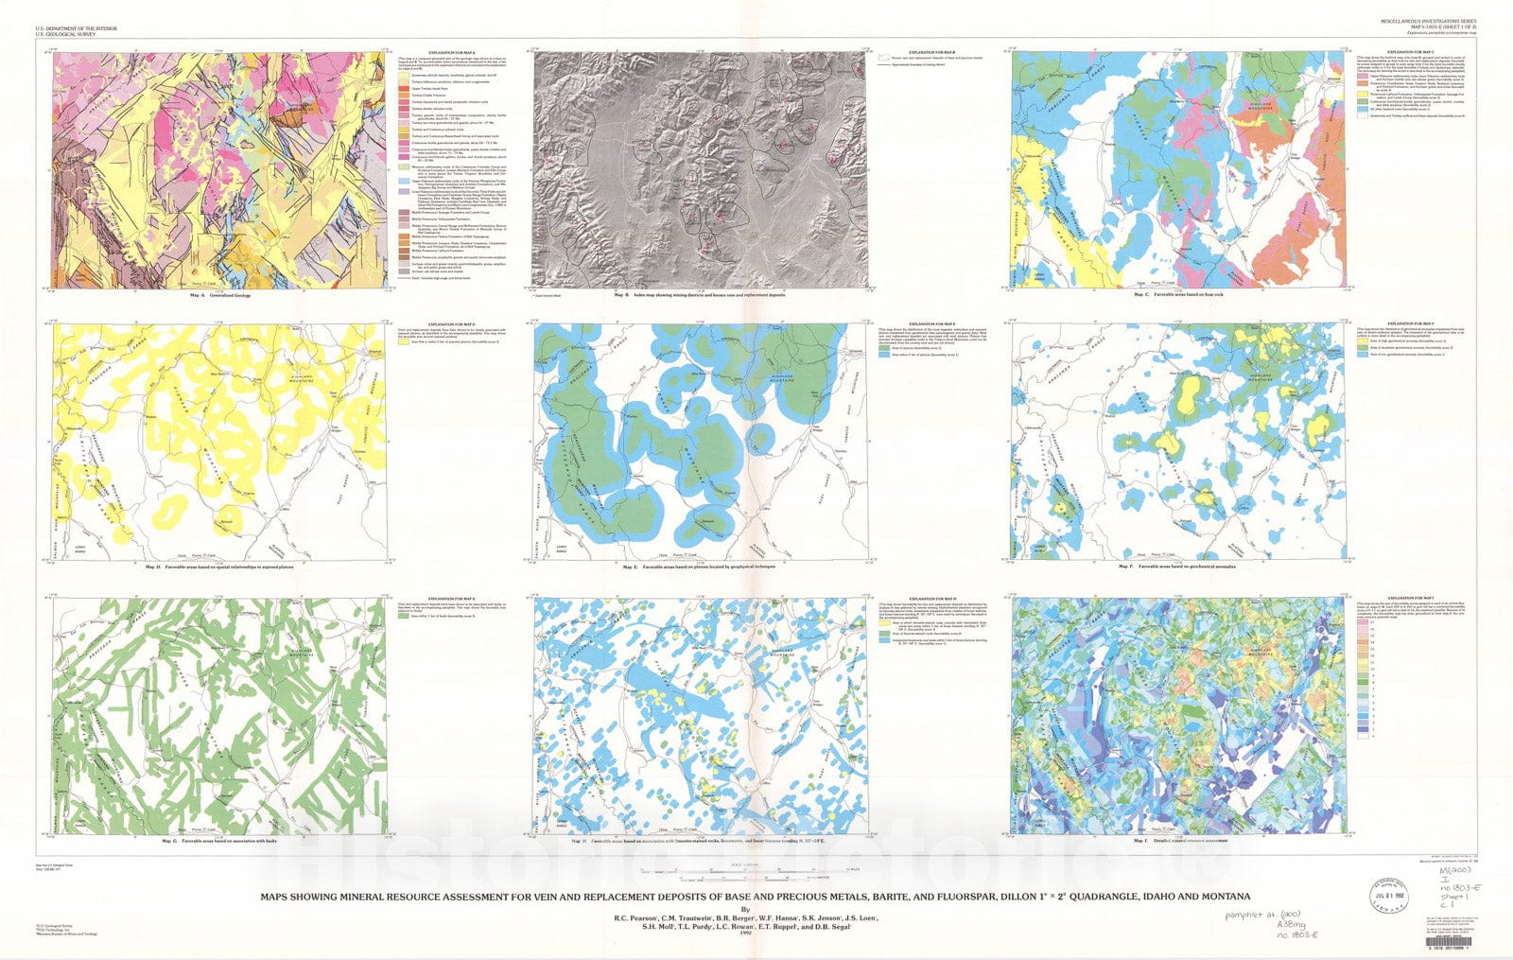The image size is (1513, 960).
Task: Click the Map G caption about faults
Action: click(218, 840)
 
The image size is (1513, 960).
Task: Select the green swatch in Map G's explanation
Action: click(403, 615)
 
